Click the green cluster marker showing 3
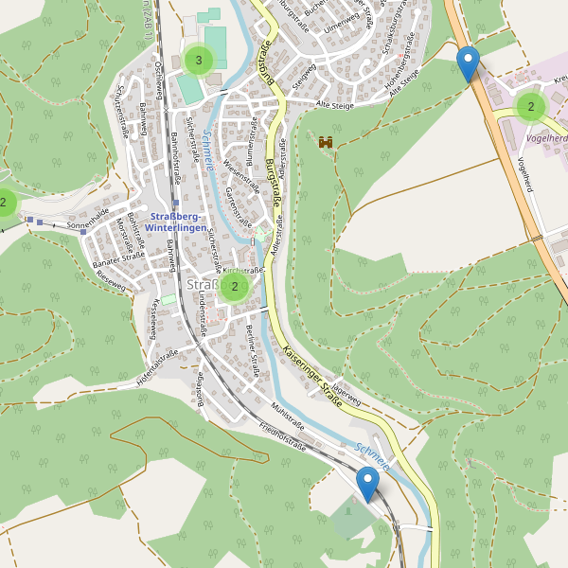(x=198, y=61)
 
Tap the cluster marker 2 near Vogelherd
(x=531, y=107)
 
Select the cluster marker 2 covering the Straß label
(x=234, y=286)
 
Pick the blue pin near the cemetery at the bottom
(x=367, y=484)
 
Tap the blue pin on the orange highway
(x=468, y=64)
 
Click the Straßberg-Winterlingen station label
(x=177, y=221)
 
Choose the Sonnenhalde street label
(x=88, y=220)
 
